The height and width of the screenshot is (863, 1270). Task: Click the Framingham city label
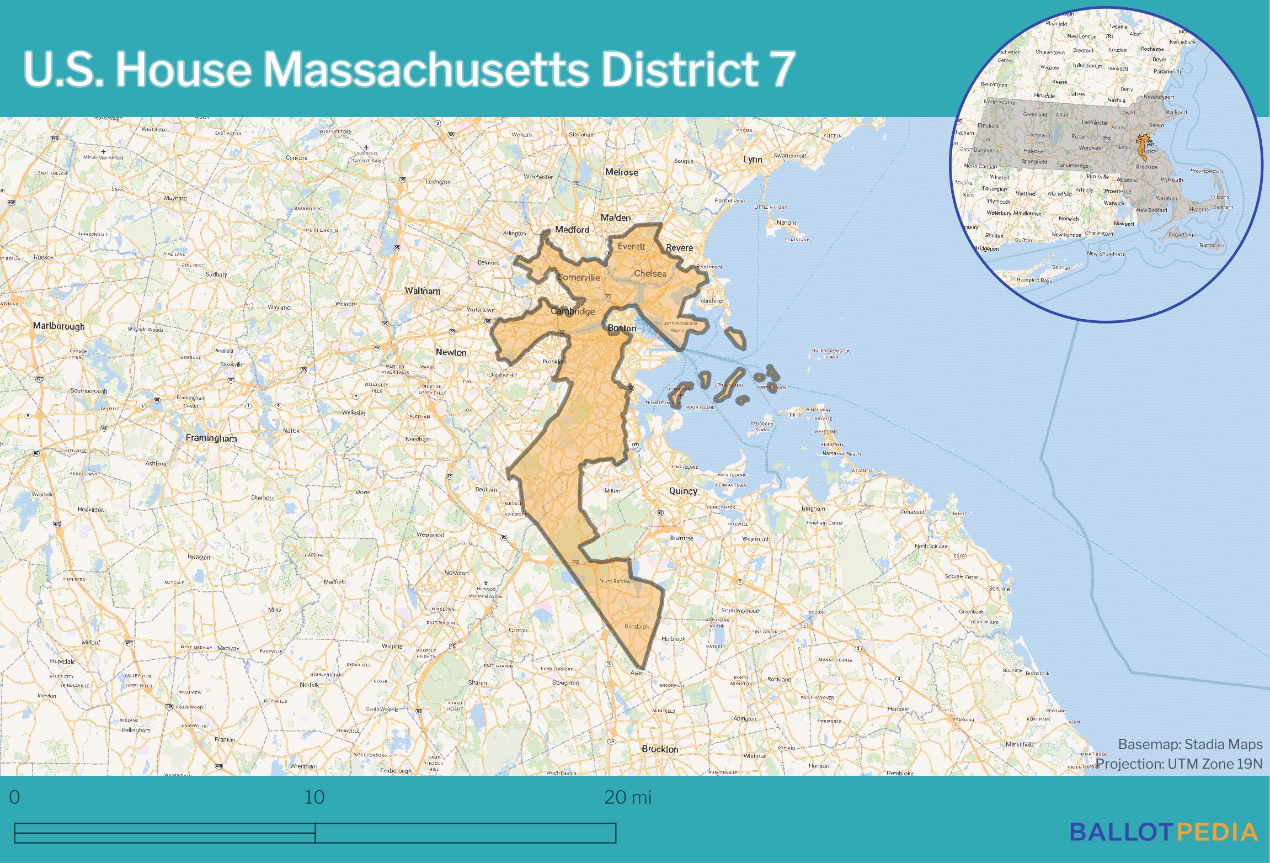211,438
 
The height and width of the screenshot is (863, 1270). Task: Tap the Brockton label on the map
660,749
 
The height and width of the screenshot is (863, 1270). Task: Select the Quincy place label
683,491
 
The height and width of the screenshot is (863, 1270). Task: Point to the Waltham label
423,291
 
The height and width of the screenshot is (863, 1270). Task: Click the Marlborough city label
59,326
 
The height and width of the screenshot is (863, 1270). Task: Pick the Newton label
451,352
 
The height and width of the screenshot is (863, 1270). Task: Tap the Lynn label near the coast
753,160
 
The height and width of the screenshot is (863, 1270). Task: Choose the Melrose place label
622,172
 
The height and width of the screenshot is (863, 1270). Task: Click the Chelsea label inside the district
650,273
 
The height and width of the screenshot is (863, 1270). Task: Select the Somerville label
578,278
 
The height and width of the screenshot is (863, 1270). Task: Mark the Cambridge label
573,311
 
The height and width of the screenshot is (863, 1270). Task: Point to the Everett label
631,246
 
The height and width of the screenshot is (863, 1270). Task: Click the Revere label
679,248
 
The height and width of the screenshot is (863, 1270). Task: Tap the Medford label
572,230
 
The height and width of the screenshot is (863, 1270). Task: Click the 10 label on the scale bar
314,798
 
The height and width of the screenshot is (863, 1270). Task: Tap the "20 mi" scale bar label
628,798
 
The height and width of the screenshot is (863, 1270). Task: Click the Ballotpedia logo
1164,832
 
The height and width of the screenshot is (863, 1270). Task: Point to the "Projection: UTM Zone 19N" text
1178,764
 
